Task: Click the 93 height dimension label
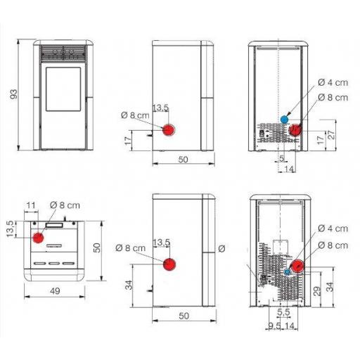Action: (x=14, y=94)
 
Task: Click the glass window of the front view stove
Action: (x=63, y=89)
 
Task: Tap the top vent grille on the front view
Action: (x=63, y=53)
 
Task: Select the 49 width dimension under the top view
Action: (x=55, y=291)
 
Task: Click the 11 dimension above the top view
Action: (x=31, y=205)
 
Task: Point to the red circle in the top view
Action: (x=38, y=238)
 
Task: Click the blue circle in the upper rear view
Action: (x=284, y=120)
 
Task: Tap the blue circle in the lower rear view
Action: (x=287, y=272)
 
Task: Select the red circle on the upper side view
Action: (x=169, y=129)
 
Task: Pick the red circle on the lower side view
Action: (x=169, y=264)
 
